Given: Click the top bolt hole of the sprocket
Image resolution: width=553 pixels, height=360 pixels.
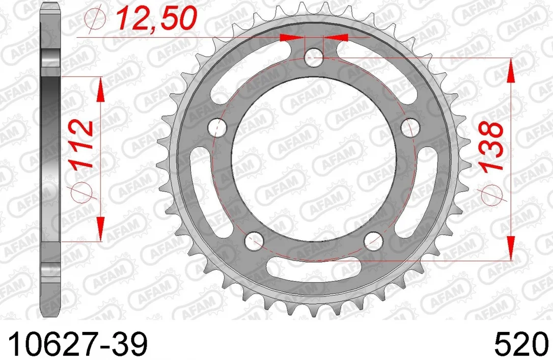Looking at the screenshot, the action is pyautogui.click(x=314, y=57).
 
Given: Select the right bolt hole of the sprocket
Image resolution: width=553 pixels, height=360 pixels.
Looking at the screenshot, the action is pyautogui.click(x=410, y=127).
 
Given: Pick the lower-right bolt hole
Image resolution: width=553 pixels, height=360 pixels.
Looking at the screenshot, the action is pyautogui.click(x=373, y=240).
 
